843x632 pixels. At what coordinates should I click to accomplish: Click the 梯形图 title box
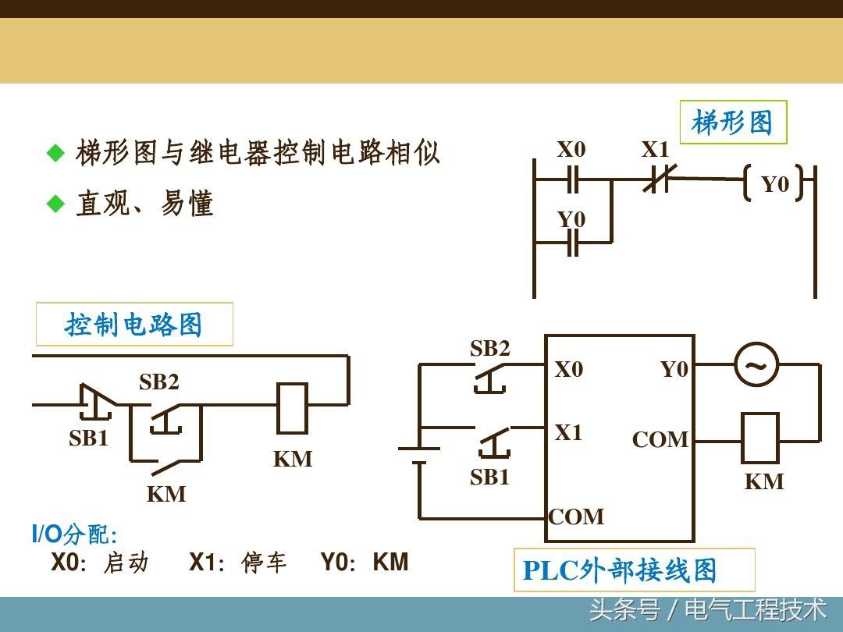(733, 122)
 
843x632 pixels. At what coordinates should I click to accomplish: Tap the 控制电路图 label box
(134, 324)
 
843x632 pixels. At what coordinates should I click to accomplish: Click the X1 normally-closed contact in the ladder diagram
(657, 179)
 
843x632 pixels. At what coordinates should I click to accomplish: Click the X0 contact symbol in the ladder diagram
(573, 179)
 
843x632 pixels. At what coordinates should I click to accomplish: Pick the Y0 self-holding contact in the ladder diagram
(573, 243)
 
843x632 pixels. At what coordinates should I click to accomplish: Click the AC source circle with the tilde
(756, 365)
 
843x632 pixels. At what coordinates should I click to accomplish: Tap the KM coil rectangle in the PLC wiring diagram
(760, 438)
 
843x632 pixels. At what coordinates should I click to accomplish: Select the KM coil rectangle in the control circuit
(292, 408)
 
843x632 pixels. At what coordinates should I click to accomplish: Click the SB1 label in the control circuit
(89, 438)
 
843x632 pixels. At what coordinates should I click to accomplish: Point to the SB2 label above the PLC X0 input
(489, 348)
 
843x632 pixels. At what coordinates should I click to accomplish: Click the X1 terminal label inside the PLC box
(569, 432)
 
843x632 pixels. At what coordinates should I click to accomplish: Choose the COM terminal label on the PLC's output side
(660, 439)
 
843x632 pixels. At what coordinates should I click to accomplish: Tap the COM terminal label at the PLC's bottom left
(576, 517)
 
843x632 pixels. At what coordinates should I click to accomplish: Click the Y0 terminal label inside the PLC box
(674, 369)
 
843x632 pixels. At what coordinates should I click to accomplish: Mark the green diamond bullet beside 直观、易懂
(55, 204)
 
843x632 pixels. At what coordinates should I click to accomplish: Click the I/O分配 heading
(75, 534)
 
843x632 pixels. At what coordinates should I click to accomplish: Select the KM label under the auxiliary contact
(166, 494)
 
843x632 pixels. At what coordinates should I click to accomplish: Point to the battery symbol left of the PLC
(419, 455)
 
